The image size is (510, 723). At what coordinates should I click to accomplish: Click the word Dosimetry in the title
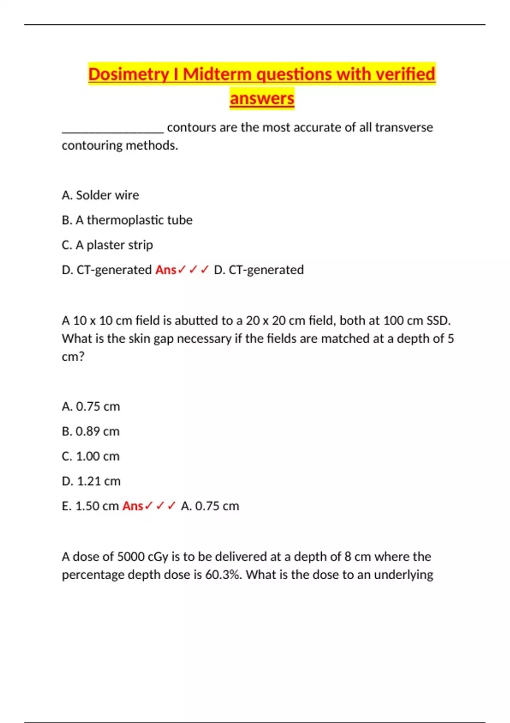[x=128, y=74]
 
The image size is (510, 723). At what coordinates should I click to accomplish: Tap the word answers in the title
[x=262, y=98]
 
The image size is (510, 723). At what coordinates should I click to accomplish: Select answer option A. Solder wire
[x=100, y=195]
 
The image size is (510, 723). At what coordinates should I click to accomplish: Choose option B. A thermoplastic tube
[x=127, y=220]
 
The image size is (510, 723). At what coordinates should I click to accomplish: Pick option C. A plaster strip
[x=107, y=245]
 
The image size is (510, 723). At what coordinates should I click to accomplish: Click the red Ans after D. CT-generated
[x=166, y=270]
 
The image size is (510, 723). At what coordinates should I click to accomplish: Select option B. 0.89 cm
[x=91, y=431]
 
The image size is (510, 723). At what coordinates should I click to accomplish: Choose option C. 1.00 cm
[x=91, y=456]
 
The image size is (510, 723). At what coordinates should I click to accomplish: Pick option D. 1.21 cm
[x=91, y=481]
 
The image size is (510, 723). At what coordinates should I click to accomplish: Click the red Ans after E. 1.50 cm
[x=133, y=506]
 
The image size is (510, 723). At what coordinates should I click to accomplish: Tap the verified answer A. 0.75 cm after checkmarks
[x=210, y=506]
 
